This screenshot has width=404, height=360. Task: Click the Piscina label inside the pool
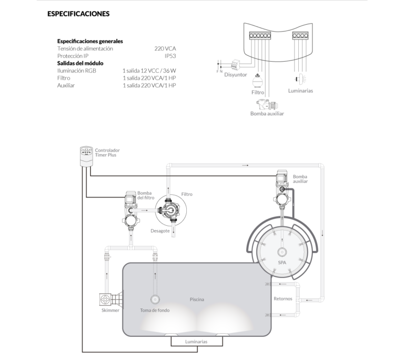click(197, 299)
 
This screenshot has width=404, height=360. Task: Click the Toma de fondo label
click(155, 311)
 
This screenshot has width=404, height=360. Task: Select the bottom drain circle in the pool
click(155, 299)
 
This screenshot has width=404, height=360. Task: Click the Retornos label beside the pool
click(282, 299)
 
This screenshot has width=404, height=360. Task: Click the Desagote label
click(160, 231)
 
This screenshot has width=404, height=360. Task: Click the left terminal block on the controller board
click(260, 36)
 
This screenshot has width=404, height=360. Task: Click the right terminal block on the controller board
click(300, 36)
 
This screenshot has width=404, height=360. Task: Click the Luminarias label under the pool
click(197, 342)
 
